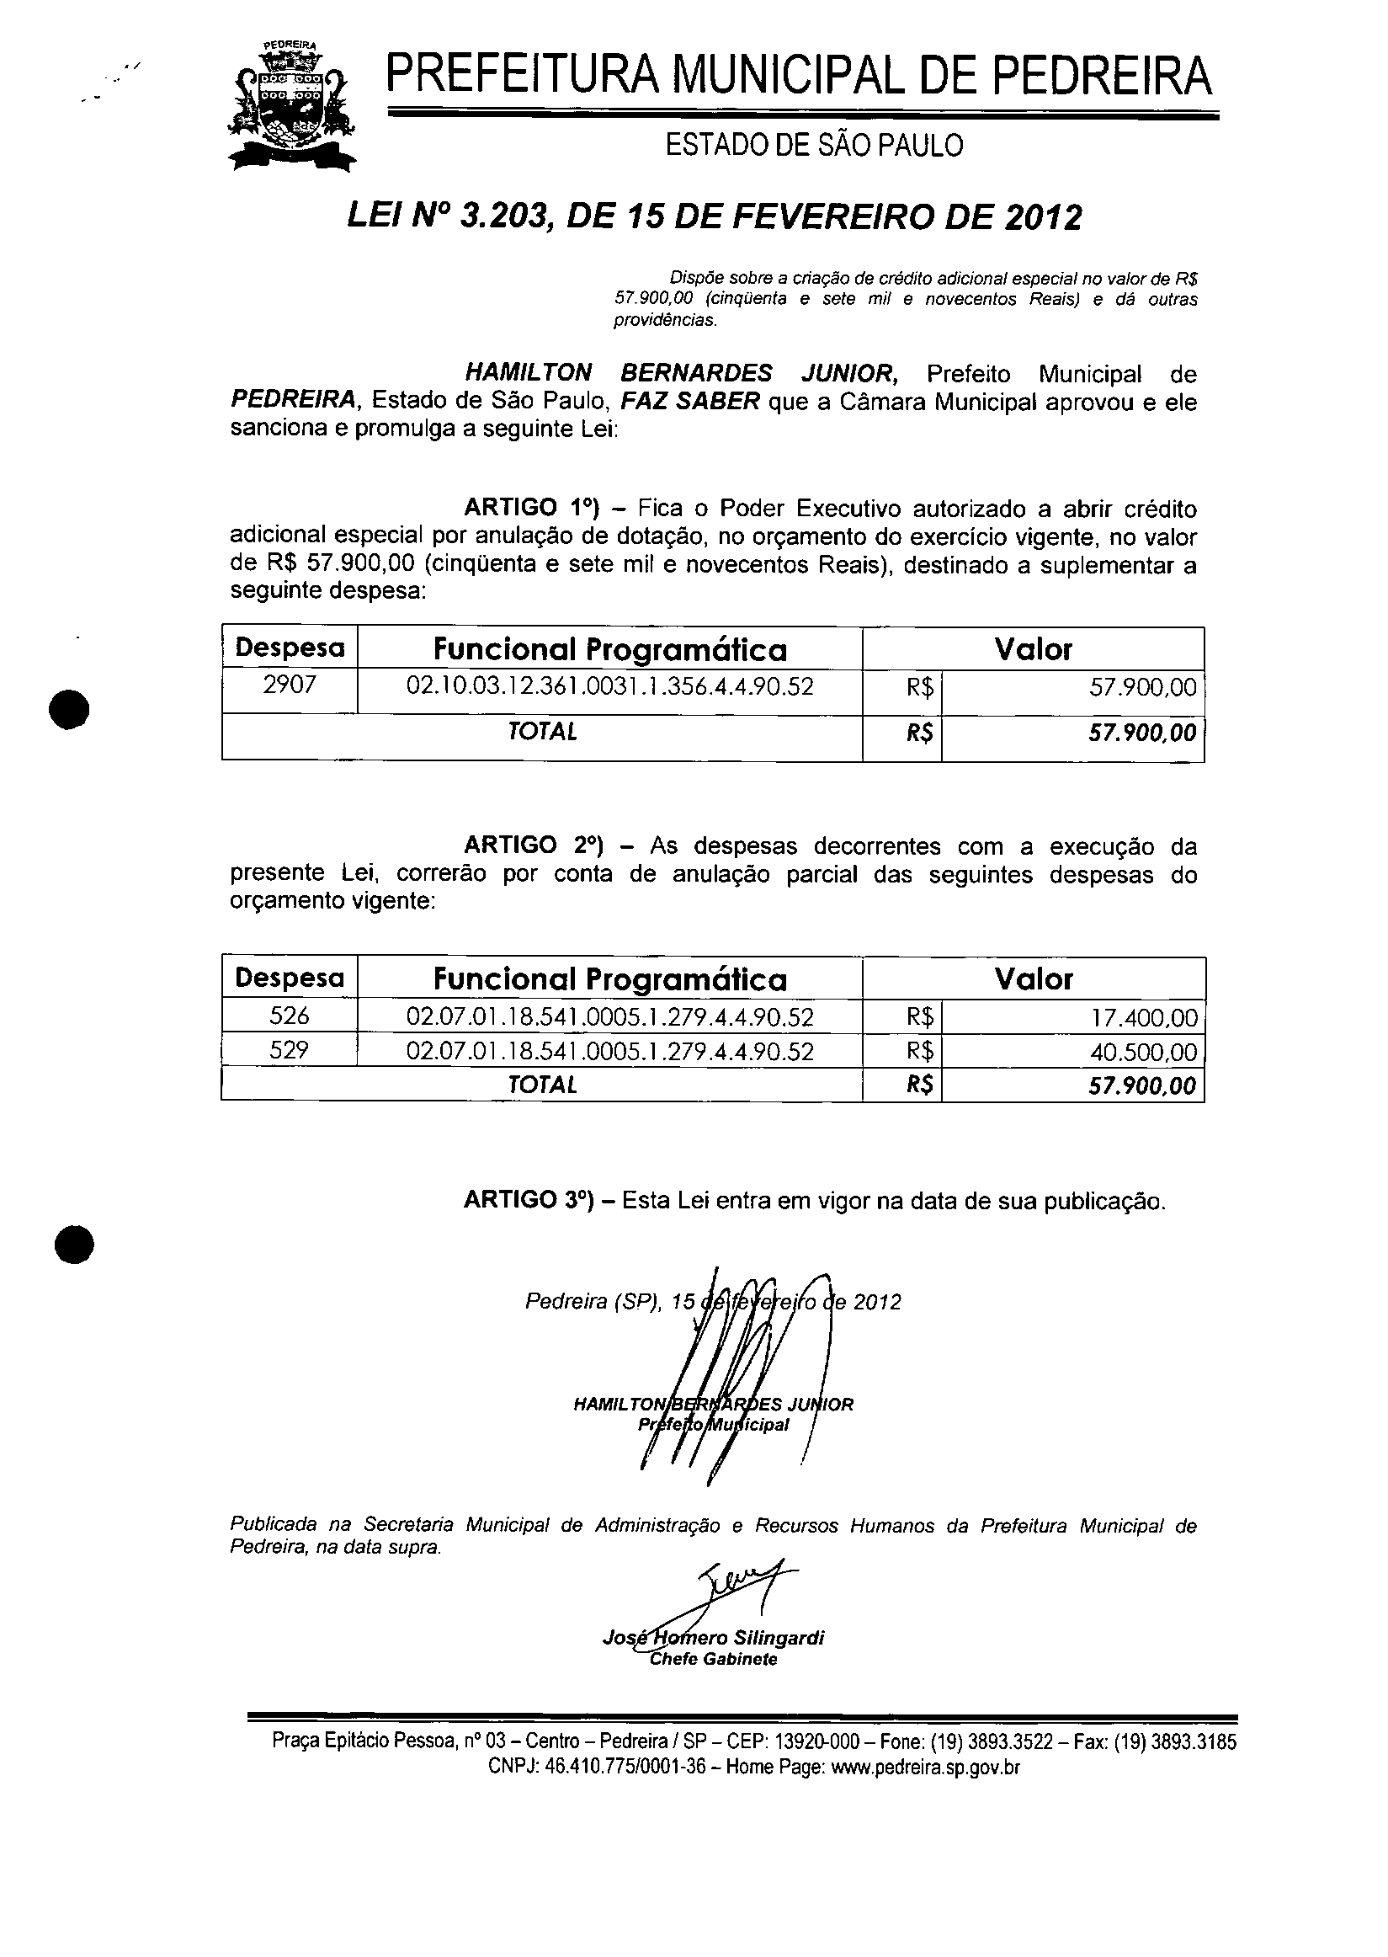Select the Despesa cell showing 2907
point(289,685)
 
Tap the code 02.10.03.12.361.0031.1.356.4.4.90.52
point(609,686)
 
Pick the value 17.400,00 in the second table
point(1144,1018)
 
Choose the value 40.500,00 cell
point(1144,1052)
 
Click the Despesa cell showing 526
point(289,1016)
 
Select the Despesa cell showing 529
point(289,1050)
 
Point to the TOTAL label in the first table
point(542,732)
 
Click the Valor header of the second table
point(1033,979)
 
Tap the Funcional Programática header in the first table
point(609,650)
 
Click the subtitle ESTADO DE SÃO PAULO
point(814,147)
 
